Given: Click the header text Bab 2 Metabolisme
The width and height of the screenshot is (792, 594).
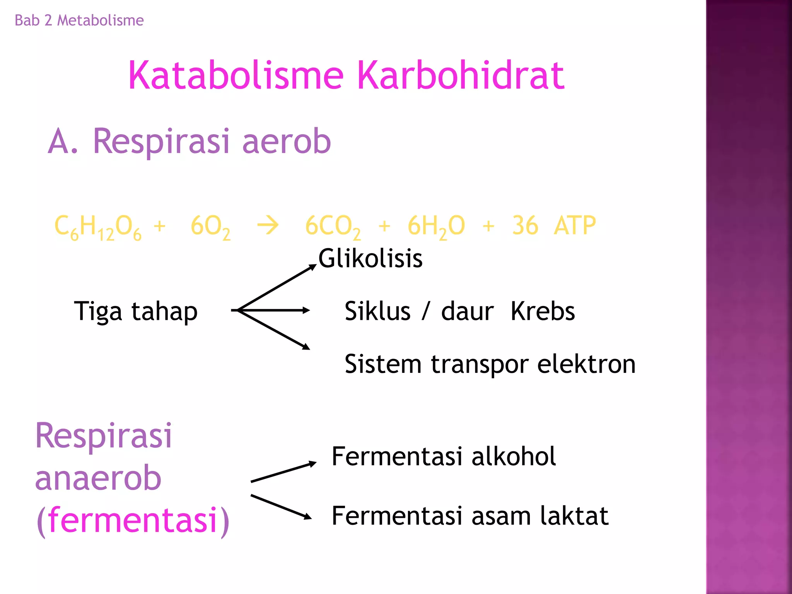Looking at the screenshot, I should (x=79, y=20).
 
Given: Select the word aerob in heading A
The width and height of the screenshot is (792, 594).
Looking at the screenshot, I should (x=286, y=142).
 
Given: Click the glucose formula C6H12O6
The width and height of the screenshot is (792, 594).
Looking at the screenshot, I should (x=98, y=227).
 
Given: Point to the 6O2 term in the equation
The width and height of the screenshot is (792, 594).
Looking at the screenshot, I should (x=210, y=227).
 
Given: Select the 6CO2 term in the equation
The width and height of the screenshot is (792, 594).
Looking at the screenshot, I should (x=333, y=227).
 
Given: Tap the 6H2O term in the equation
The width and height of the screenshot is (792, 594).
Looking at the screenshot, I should (x=436, y=227).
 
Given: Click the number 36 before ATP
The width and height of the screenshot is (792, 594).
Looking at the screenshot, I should (x=525, y=225).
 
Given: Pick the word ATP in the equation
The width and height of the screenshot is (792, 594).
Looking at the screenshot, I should (x=575, y=225).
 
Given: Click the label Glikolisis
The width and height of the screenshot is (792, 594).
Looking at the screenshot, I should (x=370, y=258).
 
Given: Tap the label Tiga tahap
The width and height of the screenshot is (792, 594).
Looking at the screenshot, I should (x=135, y=312).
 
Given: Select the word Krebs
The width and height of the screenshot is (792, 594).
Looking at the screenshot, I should (x=543, y=311).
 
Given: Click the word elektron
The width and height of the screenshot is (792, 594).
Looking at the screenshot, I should (x=586, y=364).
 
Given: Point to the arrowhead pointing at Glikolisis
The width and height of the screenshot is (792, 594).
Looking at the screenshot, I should (x=312, y=267).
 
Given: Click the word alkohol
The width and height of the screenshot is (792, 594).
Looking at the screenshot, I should (x=513, y=456).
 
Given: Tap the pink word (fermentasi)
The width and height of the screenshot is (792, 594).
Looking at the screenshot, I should (x=133, y=520).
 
